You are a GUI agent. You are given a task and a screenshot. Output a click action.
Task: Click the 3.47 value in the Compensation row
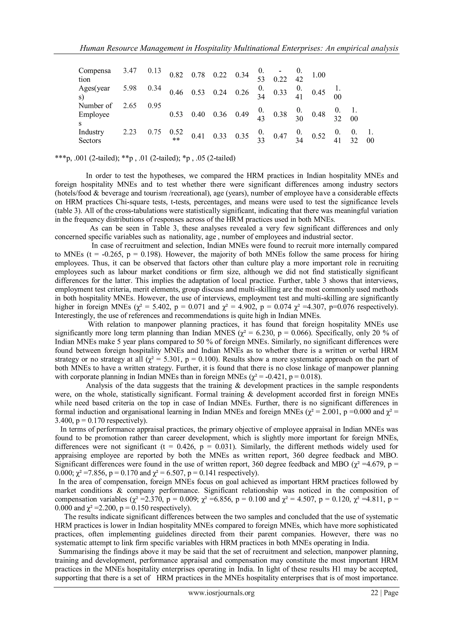pyautogui.click(x=130, y=70)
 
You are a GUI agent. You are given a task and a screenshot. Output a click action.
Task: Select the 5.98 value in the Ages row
pyautogui.click(x=130, y=88)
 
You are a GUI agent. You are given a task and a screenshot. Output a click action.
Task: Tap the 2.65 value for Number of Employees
pyautogui.click(x=130, y=106)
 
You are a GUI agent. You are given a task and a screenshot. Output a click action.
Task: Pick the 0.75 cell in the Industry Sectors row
pyautogui.click(x=154, y=132)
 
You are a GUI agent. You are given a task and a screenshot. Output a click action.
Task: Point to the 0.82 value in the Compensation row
pyautogui.click(x=176, y=75)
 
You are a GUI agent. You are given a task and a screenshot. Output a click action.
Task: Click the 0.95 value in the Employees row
pyautogui.click(x=154, y=106)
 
